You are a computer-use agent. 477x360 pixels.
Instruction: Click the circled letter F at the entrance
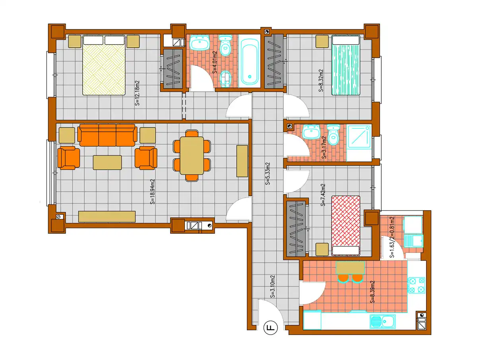[270, 327]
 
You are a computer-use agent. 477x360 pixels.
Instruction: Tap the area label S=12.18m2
[137, 93]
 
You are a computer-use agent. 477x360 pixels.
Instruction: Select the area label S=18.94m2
[153, 192]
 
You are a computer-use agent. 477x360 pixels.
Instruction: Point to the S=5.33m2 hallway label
[268, 174]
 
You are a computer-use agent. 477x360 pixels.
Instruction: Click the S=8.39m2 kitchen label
[372, 292]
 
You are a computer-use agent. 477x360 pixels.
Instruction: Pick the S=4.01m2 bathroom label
[215, 62]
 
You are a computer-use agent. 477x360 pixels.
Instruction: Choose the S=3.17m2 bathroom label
[324, 147]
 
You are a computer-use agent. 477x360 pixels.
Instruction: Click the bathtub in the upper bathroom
[249, 62]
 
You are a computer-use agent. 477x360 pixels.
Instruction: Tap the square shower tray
[359, 137]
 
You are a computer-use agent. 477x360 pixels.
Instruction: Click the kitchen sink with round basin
[382, 321]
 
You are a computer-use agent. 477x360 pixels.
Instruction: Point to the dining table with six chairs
[192, 155]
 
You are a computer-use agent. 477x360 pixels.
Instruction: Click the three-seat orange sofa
[107, 135]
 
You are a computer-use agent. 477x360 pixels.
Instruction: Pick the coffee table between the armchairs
[107, 163]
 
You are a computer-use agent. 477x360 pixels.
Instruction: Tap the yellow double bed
[104, 65]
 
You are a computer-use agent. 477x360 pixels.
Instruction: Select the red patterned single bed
[345, 226]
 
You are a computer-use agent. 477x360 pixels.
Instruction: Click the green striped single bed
[345, 65]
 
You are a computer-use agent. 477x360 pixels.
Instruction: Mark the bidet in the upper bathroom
[225, 79]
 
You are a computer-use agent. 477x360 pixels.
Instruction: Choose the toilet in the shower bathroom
[333, 135]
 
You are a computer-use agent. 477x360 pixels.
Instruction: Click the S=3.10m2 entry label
[272, 286]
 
